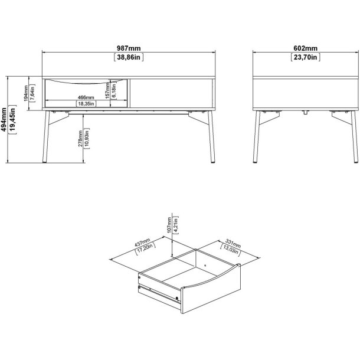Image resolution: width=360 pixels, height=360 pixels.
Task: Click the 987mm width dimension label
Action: [129, 48]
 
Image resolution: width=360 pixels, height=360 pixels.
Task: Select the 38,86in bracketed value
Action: [129, 57]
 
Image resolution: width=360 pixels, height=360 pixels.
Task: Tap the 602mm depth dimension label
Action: [305, 48]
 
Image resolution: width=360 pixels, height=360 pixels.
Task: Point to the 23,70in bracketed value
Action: [305, 57]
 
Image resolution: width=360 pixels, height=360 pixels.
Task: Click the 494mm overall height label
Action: [4, 119]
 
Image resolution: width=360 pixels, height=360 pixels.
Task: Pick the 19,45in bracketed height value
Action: [12, 119]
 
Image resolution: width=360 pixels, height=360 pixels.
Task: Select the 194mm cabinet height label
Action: [26, 93]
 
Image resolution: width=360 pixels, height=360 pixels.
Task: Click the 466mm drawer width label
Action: [86, 97]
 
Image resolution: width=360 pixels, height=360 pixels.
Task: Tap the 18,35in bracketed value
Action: [86, 103]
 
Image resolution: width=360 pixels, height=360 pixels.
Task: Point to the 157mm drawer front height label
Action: [107, 90]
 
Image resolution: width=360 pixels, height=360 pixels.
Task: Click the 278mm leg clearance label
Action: [80, 139]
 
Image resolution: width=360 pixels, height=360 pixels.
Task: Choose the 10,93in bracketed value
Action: [87, 139]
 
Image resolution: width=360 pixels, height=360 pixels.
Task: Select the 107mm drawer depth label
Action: [169, 225]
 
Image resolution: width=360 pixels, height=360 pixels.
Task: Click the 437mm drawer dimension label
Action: [142, 243]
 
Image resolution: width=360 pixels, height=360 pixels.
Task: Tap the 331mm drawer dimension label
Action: [233, 243]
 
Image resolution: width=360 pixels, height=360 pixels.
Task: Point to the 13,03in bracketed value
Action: [230, 250]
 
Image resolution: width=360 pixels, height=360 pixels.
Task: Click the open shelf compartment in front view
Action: [171, 93]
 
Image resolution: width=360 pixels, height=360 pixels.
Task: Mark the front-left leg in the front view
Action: [46, 137]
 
